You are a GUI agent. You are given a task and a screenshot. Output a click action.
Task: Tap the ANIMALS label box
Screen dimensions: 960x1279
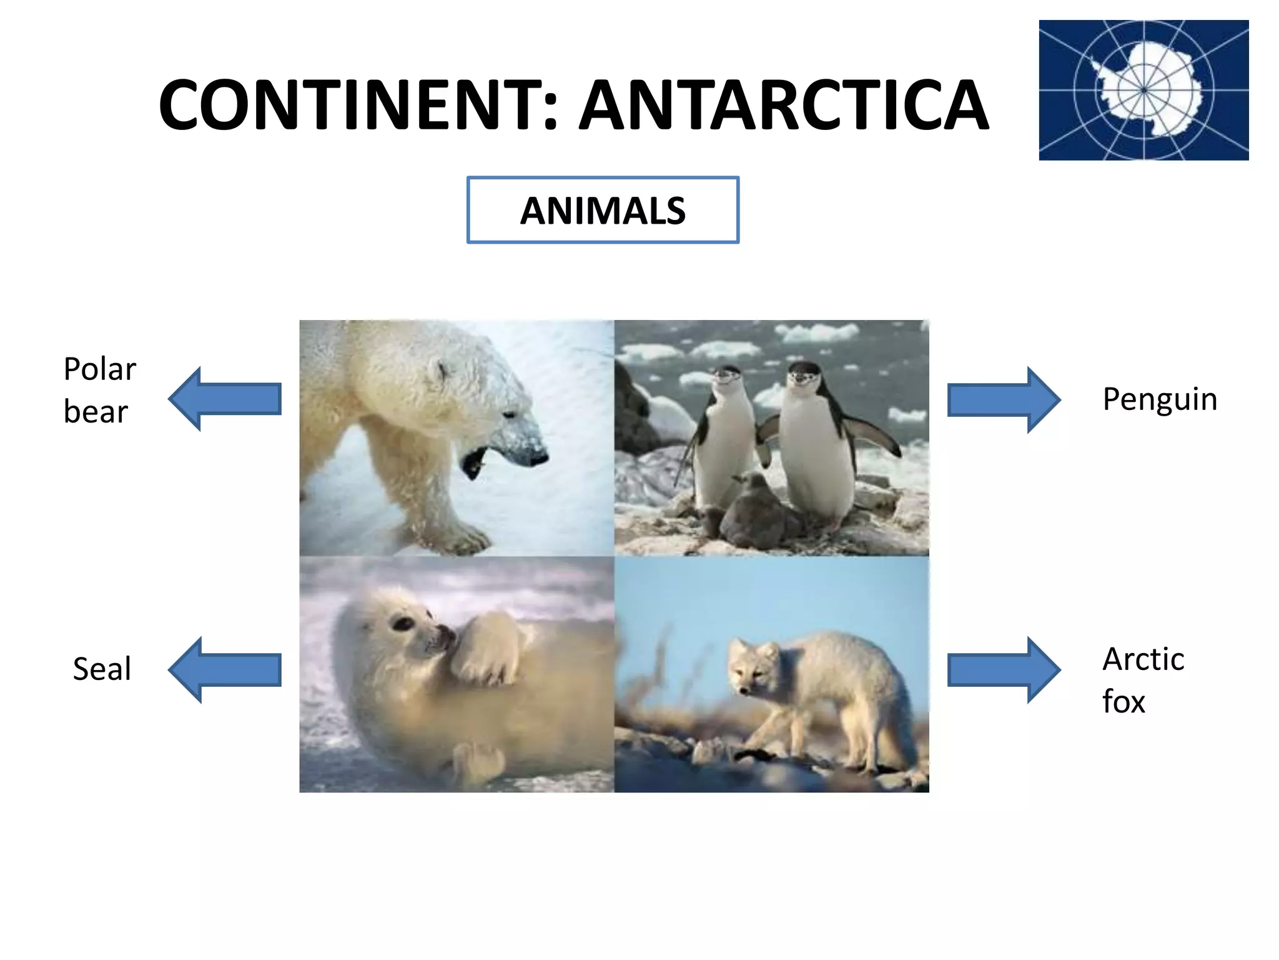(603, 210)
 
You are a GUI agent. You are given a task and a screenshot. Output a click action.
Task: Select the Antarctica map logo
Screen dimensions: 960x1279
(1143, 90)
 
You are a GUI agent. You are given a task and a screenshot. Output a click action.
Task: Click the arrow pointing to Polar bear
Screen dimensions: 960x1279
(225, 399)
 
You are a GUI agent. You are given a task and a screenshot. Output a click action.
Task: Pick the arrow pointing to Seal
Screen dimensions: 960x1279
(225, 669)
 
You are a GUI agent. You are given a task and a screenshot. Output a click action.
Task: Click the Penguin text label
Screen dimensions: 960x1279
(1160, 400)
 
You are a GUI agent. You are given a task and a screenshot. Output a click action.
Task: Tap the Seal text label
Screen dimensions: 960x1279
(102, 669)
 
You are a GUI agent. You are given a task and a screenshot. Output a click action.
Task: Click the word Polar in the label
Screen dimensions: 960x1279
(100, 369)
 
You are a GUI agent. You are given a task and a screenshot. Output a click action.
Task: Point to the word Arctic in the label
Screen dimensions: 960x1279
(1143, 659)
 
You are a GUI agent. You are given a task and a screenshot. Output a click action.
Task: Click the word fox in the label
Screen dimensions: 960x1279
(1123, 702)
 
